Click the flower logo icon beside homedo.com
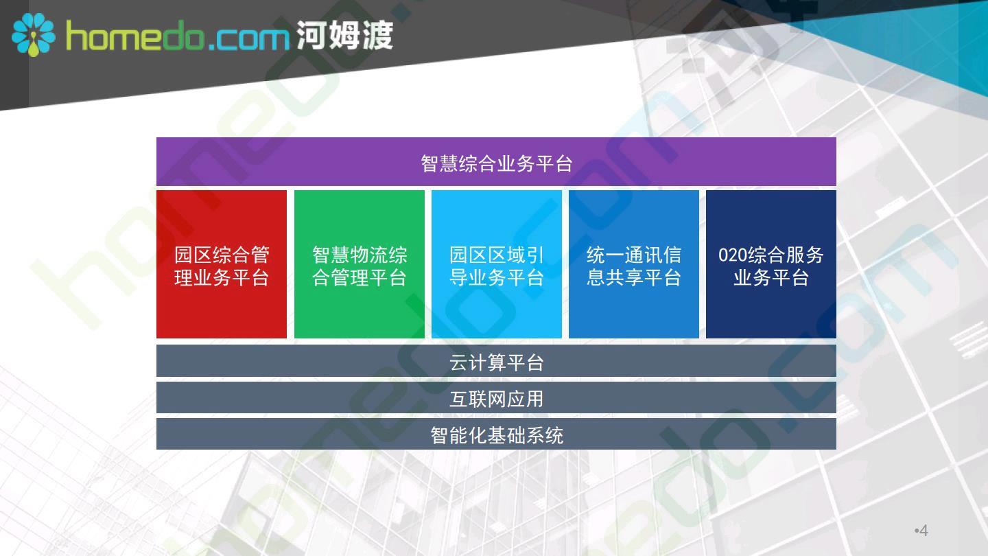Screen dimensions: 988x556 (x=34, y=34)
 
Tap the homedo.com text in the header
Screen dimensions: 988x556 (x=178, y=36)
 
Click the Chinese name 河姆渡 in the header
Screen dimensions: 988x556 (x=344, y=35)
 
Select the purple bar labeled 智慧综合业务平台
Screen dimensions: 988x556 (x=496, y=161)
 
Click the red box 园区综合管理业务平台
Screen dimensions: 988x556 (x=222, y=264)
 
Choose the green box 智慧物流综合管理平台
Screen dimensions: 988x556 (x=359, y=264)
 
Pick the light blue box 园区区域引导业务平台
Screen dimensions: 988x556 (x=497, y=264)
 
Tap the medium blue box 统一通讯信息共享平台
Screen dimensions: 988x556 (x=634, y=264)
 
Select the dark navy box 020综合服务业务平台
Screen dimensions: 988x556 (x=771, y=264)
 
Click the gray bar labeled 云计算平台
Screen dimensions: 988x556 (x=496, y=361)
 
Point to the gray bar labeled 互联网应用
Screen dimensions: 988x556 (x=496, y=397)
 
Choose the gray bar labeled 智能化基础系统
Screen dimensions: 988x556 (x=496, y=435)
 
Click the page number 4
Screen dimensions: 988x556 (x=924, y=530)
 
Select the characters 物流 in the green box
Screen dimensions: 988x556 (x=368, y=255)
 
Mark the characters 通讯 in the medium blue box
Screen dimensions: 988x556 (x=644, y=255)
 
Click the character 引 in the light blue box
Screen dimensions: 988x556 (x=534, y=255)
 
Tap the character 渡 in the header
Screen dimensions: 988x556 (x=377, y=35)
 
